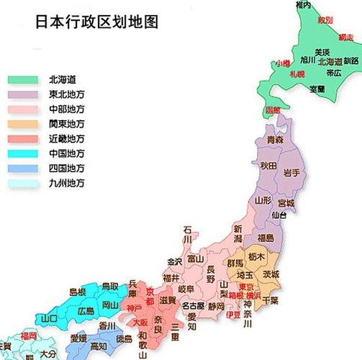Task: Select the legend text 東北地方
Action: (66, 94)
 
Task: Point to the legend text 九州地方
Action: (66, 184)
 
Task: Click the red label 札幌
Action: (298, 73)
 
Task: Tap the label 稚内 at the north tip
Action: (303, 6)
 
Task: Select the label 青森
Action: (274, 139)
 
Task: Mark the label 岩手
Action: (291, 172)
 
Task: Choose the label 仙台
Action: (279, 215)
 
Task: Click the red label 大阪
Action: (141, 322)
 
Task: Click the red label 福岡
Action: (28, 336)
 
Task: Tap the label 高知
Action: (99, 346)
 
